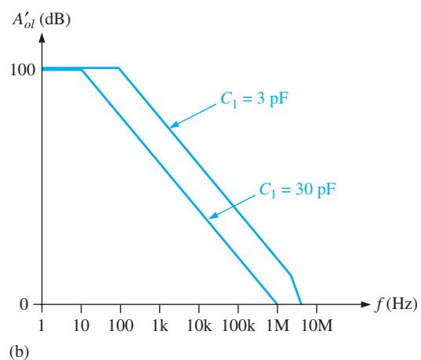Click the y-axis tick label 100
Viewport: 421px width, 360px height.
23,70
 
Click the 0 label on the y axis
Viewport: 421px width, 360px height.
24,304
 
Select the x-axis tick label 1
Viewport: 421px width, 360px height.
41,325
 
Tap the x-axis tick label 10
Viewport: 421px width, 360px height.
81,325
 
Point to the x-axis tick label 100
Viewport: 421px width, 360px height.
121,325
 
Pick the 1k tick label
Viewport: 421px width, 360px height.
160,325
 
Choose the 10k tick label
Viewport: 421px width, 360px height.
199,325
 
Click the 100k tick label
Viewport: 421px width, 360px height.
238,325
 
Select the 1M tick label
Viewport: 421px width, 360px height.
278,325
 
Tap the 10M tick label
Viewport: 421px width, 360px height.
317,325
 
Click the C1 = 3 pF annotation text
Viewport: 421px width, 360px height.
254,99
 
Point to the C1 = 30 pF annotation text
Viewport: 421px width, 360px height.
297,189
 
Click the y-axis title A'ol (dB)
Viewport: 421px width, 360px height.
41,20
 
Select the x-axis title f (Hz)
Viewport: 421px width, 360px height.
396,305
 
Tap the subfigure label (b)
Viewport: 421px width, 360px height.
19,351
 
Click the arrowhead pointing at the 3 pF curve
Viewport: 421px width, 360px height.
174,125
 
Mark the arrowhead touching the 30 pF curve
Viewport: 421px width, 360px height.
213,215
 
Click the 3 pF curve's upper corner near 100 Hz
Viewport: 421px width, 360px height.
118,68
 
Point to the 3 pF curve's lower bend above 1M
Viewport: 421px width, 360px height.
291,275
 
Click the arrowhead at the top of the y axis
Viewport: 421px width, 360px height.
42,38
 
